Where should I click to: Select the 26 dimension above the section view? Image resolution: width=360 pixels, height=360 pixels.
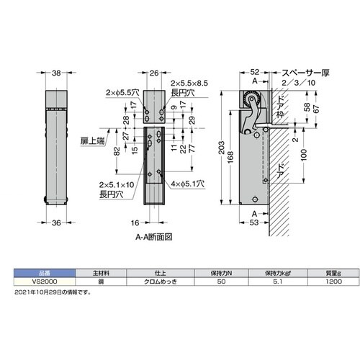pyautogui.click(x=153, y=73)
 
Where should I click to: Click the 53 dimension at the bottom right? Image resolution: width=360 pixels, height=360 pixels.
pyautogui.click(x=253, y=223)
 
